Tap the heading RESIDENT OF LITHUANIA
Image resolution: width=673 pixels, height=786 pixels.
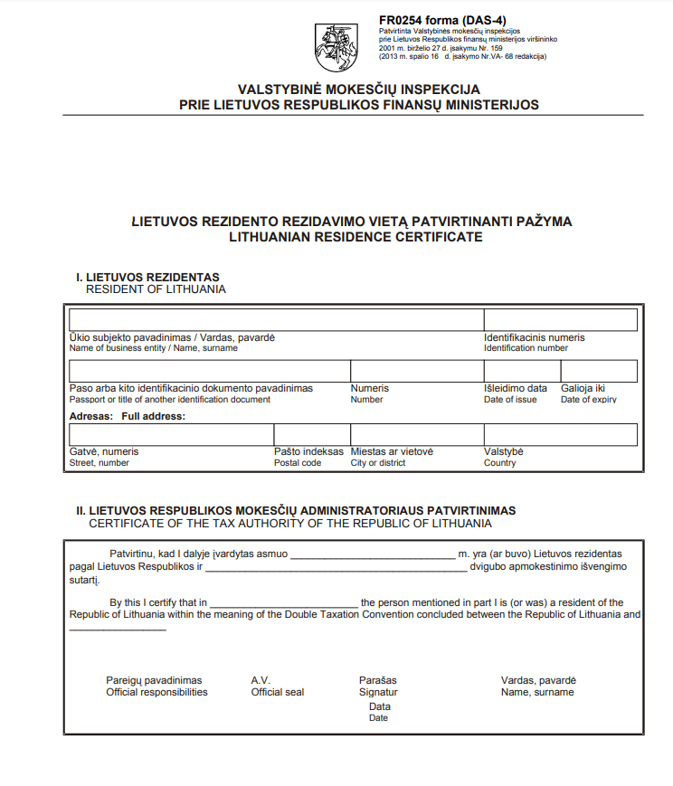(x=156, y=289)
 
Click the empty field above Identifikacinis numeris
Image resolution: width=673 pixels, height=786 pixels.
(x=560, y=320)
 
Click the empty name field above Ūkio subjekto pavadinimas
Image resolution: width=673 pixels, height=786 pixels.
(x=276, y=320)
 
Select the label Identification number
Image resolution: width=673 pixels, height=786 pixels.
(x=526, y=348)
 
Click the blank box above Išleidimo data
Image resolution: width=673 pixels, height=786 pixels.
(x=522, y=371)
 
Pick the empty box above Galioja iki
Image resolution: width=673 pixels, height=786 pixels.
(x=599, y=371)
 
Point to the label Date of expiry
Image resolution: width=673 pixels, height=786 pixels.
(x=588, y=400)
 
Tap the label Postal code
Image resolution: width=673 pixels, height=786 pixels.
(x=298, y=463)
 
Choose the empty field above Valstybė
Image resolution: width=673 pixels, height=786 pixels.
(x=560, y=434)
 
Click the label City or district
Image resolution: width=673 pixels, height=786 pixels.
(x=378, y=463)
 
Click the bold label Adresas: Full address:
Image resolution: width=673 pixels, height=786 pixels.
(x=127, y=416)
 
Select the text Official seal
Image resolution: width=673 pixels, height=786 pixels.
(x=278, y=693)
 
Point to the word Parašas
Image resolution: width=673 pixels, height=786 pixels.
(x=378, y=680)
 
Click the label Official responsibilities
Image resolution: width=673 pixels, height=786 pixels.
(x=156, y=693)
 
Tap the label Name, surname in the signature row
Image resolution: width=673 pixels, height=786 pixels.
(x=537, y=693)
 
